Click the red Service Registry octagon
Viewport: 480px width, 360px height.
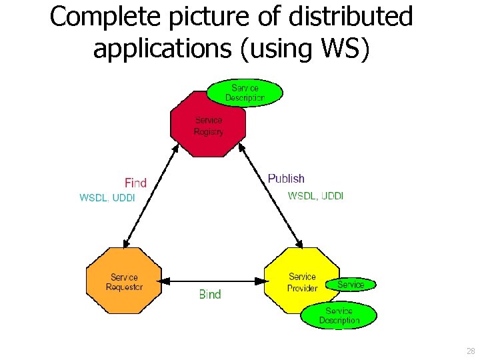(208, 125)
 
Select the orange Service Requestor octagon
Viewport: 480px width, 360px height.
(124, 281)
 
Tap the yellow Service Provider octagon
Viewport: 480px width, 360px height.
(297, 281)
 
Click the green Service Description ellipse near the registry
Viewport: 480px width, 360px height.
(245, 93)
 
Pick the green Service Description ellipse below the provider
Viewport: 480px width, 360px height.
(339, 316)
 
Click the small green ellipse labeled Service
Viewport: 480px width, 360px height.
(351, 285)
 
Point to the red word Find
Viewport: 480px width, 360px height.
(135, 183)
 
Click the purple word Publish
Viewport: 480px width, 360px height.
(286, 179)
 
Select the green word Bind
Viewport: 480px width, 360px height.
(209, 294)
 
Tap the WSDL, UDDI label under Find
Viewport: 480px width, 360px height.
(107, 198)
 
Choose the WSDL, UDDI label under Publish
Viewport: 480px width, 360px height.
(315, 196)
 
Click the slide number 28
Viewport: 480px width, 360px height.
(471, 351)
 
